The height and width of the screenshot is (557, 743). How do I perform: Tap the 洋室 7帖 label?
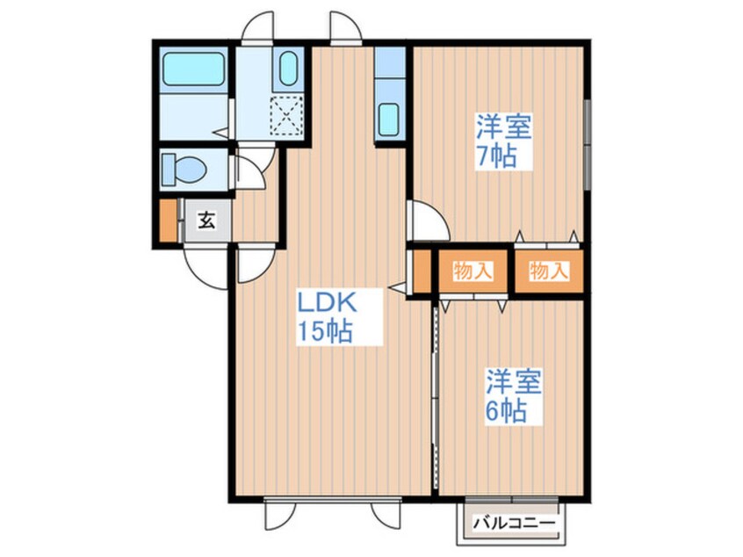[503, 141]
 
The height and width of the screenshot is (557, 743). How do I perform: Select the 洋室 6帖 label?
[515, 395]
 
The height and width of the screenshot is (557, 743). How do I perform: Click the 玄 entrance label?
[206, 221]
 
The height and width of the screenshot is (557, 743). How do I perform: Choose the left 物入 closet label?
[472, 271]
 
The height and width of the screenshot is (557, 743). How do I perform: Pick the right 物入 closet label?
[550, 271]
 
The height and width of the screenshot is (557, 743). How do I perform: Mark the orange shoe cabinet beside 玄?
[168, 221]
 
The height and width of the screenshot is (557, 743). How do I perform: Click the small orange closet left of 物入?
[422, 271]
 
